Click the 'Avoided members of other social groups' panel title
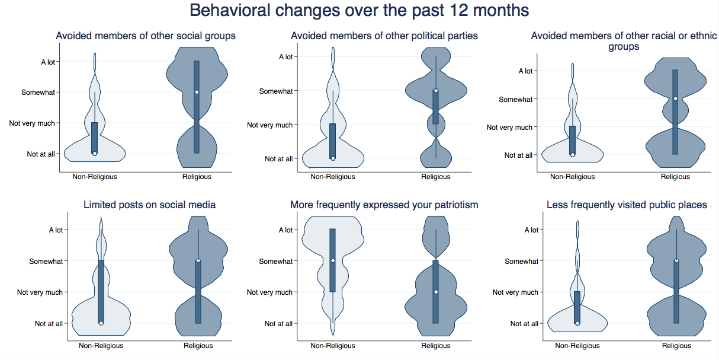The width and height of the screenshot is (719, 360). click(146, 36)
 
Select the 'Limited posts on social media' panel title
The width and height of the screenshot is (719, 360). click(149, 205)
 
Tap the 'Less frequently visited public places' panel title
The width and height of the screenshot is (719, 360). click(627, 205)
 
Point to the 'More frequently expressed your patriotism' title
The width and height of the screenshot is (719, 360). click(384, 205)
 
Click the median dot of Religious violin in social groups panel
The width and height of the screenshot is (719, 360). click(197, 92)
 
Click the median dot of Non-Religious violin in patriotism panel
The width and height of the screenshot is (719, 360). click(333, 260)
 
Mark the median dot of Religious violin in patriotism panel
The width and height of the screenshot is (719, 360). click(436, 292)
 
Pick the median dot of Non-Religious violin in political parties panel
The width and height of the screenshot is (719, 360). click(333, 158)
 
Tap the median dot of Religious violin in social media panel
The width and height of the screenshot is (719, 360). click(198, 260)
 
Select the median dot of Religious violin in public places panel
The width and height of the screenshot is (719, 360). click(676, 260)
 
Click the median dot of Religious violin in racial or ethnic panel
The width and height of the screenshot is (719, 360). click(675, 98)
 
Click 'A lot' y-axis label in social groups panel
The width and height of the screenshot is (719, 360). click(47, 62)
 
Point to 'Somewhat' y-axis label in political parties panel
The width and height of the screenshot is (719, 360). click(276, 91)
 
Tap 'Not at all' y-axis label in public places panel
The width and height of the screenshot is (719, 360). click(524, 324)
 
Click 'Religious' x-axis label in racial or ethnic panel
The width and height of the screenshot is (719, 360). click(675, 177)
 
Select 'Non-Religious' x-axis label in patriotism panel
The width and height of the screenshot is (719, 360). click(333, 346)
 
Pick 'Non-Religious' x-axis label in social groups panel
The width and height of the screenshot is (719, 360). click(95, 177)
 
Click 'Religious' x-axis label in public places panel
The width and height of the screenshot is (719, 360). click(676, 346)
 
